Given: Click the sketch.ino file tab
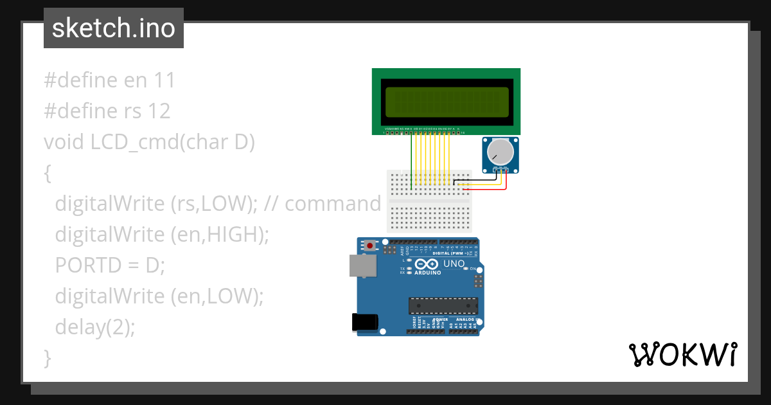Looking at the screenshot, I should tap(114, 29).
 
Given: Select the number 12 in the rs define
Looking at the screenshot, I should tap(159, 111).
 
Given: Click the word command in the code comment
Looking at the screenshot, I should tap(333, 204).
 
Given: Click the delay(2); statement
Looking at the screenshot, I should tap(95, 327).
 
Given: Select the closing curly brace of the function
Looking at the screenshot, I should tap(47, 358).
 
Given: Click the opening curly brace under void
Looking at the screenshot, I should tap(47, 173).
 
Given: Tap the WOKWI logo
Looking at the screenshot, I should tap(682, 354).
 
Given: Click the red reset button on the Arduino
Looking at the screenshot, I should tap(369, 246).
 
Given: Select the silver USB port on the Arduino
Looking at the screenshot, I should tap(362, 265).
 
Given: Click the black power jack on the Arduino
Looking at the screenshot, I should tap(364, 322).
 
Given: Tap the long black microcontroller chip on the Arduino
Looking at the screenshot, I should tap(443, 307).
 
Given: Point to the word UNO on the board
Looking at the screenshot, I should tap(454, 264).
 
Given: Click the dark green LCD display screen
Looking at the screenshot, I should tap(447, 101).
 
